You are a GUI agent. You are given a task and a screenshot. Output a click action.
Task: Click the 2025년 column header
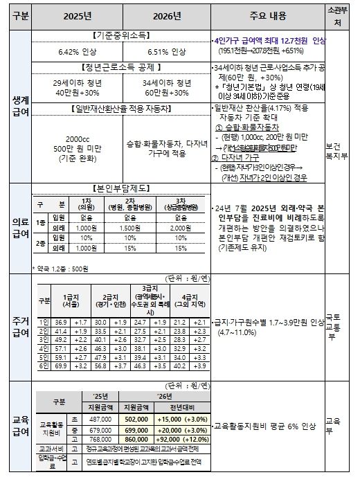click(77, 15)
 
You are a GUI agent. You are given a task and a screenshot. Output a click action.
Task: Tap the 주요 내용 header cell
click(267, 15)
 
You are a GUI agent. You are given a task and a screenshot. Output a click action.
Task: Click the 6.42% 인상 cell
click(77, 51)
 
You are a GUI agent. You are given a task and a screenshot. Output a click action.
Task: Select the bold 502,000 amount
click(136, 419)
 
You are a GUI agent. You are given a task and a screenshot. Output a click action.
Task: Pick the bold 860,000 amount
click(136, 439)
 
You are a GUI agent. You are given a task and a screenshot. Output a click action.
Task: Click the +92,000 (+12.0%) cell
click(175, 439)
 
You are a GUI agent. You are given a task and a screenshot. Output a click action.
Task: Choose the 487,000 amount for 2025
click(100, 419)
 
